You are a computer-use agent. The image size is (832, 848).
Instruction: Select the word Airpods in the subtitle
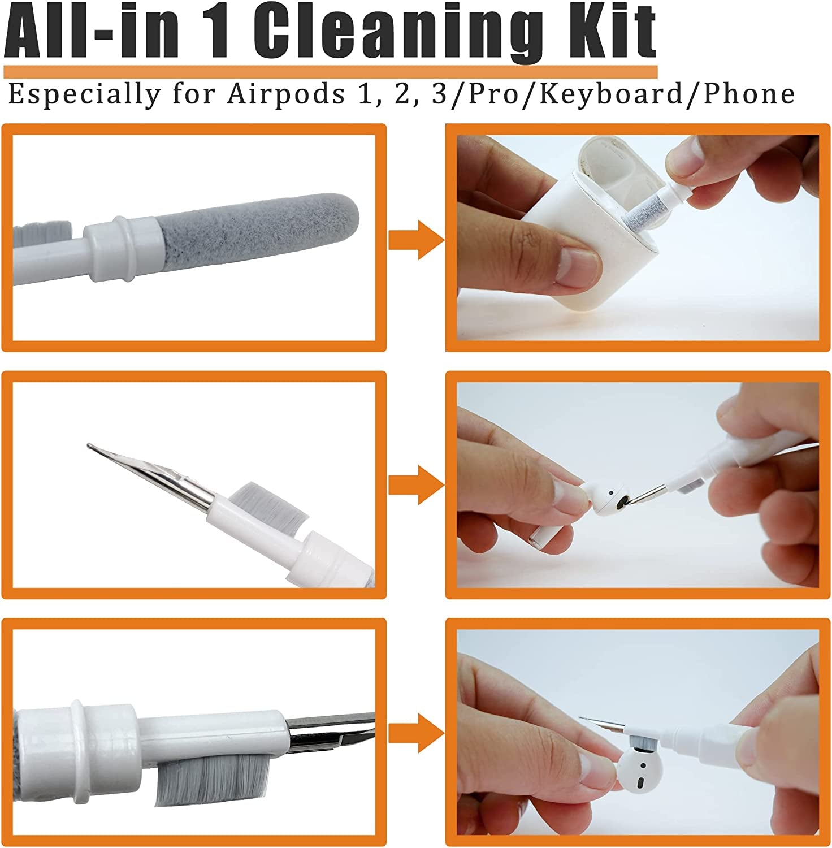286,94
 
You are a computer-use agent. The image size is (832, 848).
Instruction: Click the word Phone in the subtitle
749,94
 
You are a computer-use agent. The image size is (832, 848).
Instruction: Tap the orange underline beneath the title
331,72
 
